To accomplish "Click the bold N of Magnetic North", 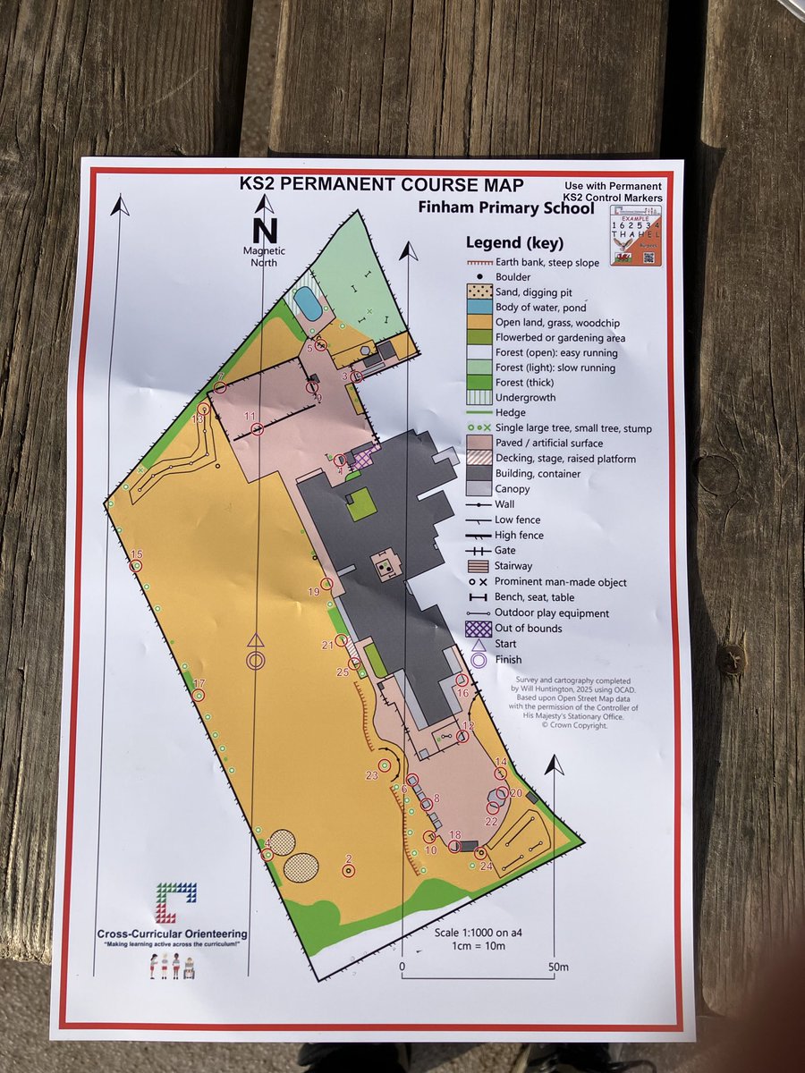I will point(265,231).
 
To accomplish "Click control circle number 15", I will point(136,565).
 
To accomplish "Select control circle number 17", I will point(199,695).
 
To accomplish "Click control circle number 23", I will point(386,765).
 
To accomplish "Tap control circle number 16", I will point(462,680).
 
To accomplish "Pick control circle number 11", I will point(258,429).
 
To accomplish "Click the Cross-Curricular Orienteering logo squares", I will point(175,902).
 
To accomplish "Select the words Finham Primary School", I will point(505,208).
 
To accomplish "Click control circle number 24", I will point(480,853).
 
